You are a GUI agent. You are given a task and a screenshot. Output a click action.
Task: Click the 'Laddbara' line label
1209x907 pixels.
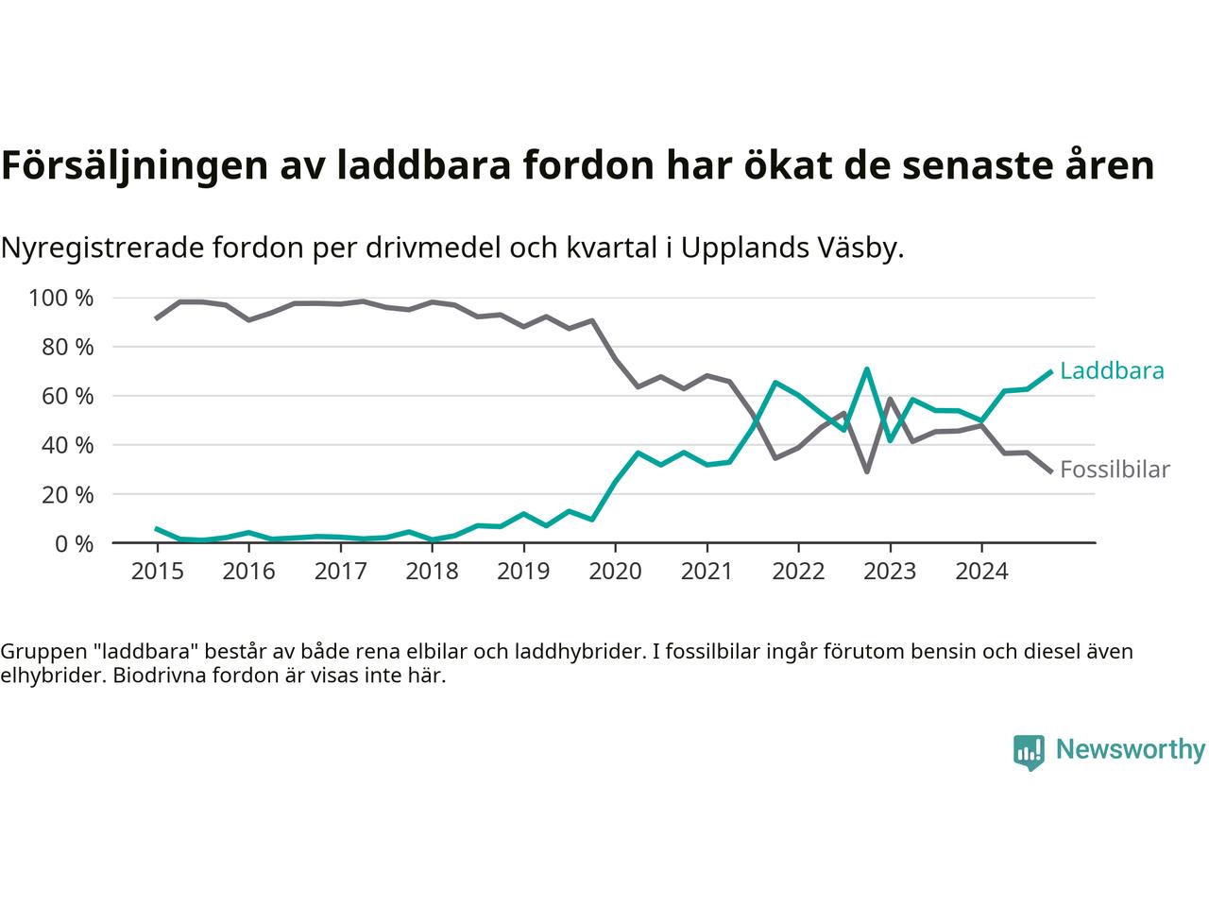(x=1112, y=371)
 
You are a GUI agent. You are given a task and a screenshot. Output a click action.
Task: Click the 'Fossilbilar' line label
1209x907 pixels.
(x=1115, y=470)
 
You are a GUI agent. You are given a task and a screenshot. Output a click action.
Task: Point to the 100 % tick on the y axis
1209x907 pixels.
(x=61, y=299)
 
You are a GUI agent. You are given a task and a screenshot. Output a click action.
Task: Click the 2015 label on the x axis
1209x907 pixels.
(x=157, y=572)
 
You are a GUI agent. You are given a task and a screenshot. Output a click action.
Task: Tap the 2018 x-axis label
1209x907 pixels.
(x=432, y=572)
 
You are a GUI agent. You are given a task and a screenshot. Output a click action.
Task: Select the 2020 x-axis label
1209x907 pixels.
(x=615, y=572)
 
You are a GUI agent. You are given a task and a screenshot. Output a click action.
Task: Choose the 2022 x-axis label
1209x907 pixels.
(x=798, y=572)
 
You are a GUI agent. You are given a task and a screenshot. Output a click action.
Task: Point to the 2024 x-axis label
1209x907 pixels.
(x=981, y=572)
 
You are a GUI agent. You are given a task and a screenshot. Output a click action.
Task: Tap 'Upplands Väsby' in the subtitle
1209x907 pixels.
(x=792, y=248)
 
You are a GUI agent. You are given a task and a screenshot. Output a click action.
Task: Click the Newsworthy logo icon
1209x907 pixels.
(x=1029, y=752)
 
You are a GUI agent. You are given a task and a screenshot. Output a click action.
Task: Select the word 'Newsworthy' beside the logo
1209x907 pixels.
(x=1131, y=750)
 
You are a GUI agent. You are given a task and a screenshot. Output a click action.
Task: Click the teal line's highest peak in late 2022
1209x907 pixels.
(x=866, y=369)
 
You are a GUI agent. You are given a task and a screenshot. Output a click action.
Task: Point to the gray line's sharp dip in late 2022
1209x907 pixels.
(x=866, y=471)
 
